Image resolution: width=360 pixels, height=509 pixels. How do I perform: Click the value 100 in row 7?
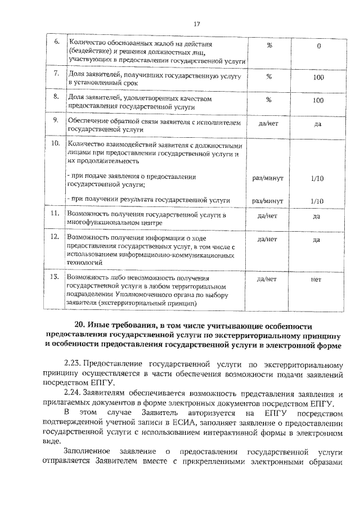(x=318, y=78)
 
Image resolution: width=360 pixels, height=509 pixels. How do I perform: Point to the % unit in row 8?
(x=269, y=100)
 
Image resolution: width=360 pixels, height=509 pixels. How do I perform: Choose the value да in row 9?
(x=318, y=125)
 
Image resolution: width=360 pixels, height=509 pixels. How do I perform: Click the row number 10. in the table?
(x=56, y=144)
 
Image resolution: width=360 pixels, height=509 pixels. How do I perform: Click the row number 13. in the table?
(x=56, y=277)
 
